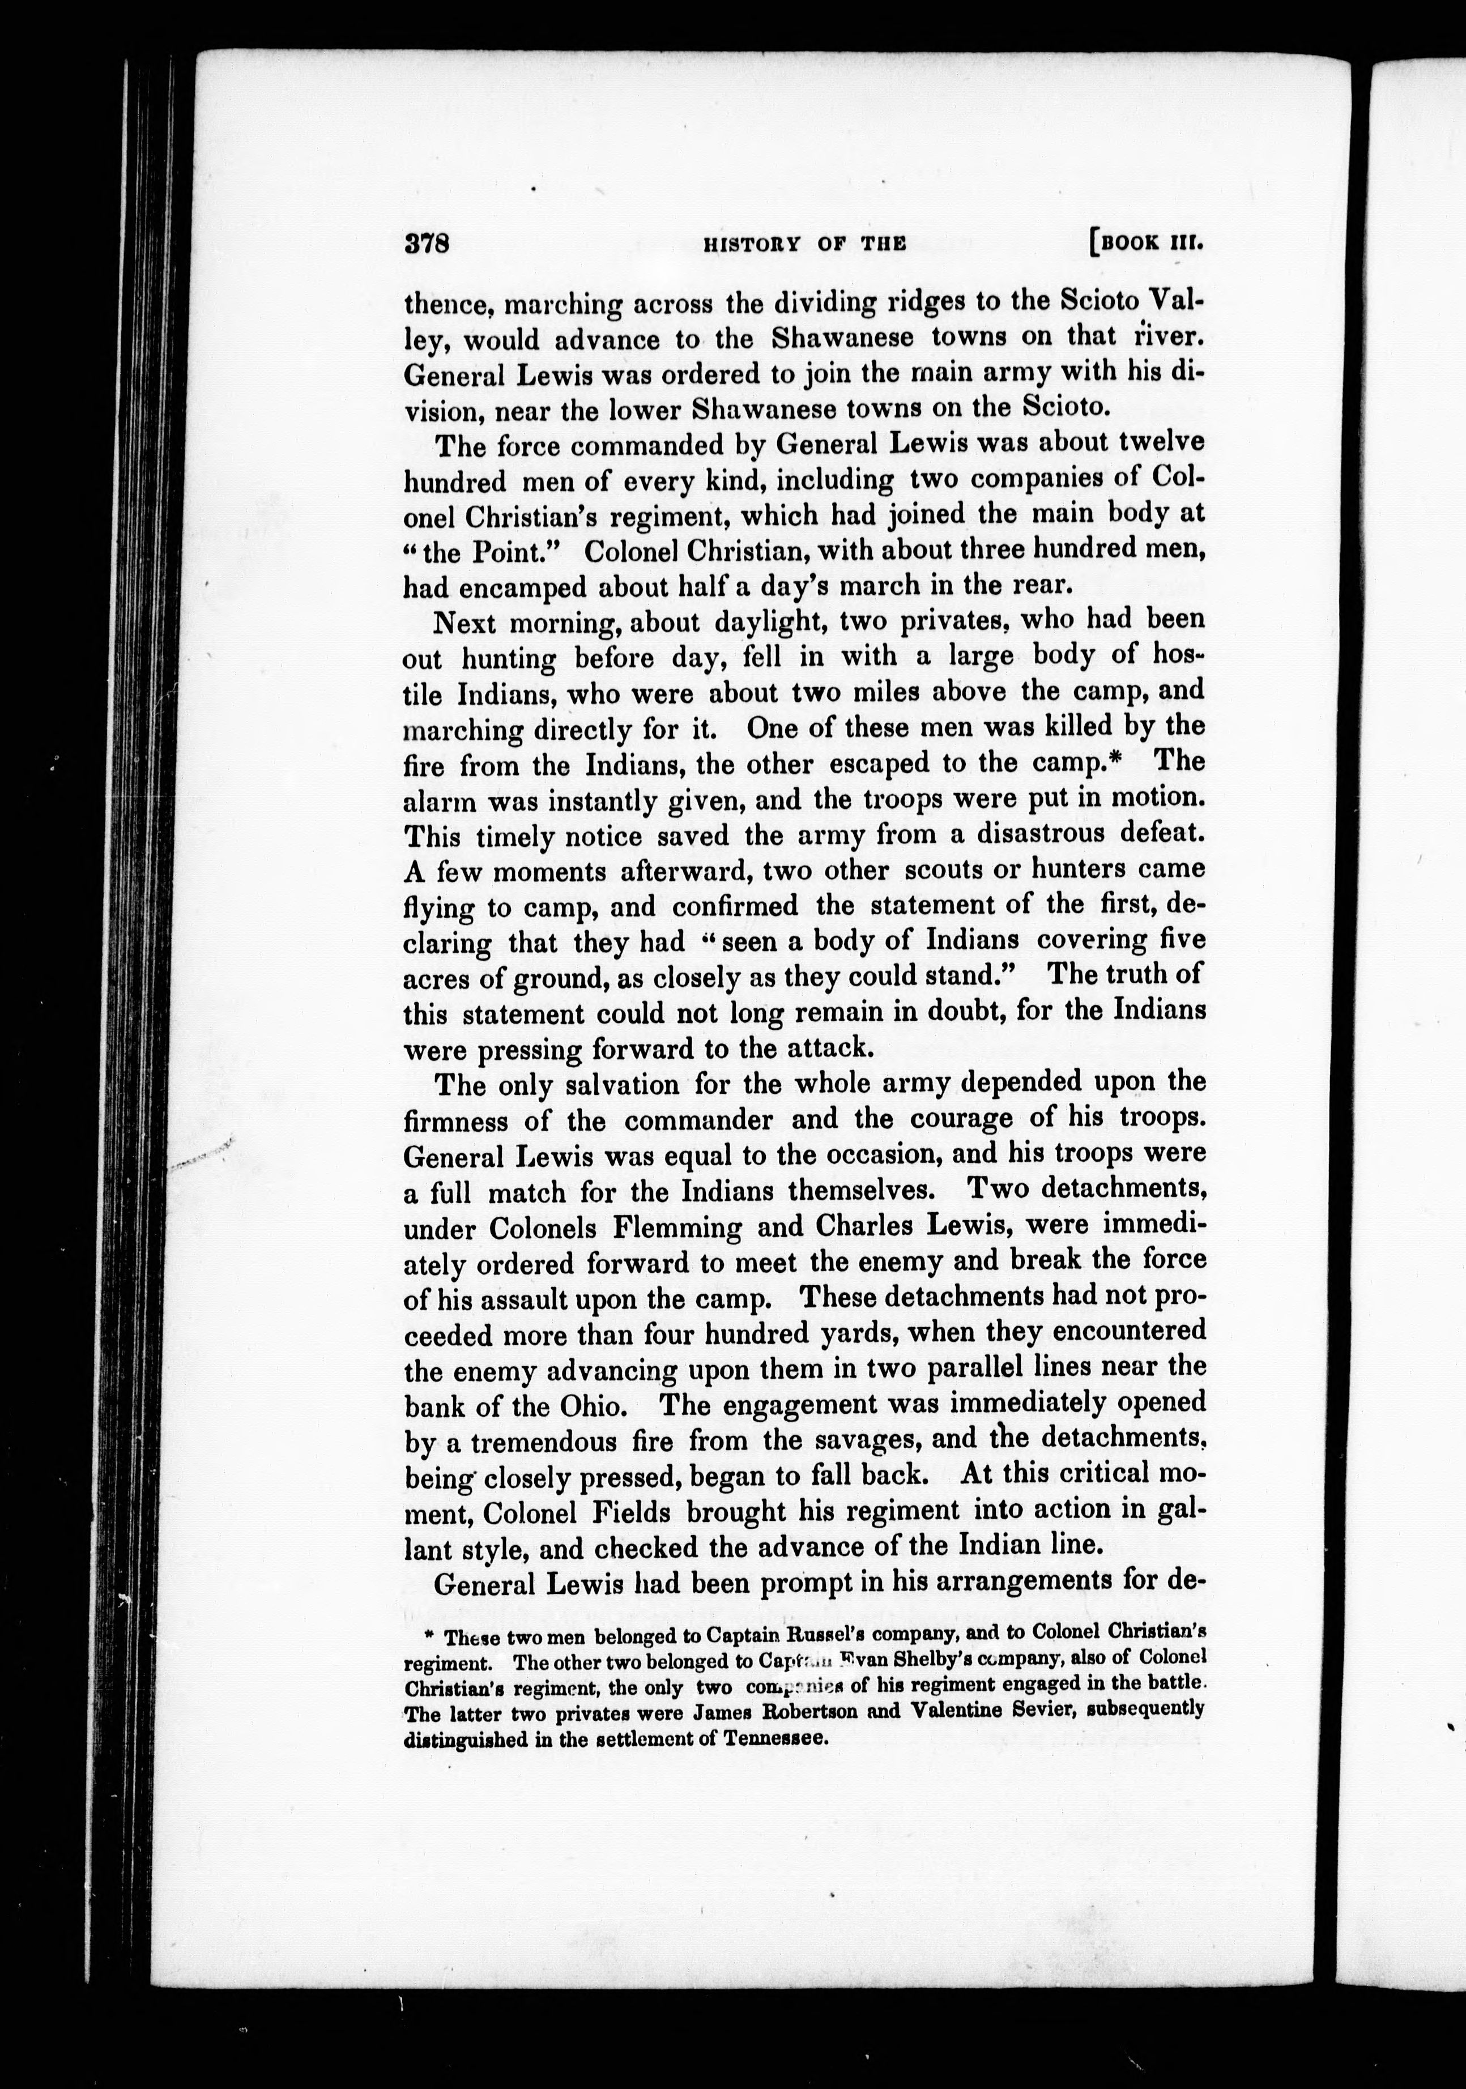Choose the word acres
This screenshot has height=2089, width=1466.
431,977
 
